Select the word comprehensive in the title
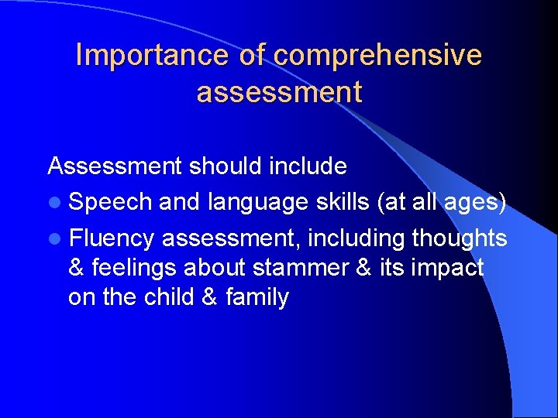pos(377,55)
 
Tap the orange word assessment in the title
pos(279,92)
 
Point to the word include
pos(308,166)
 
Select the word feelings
pos(134,268)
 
